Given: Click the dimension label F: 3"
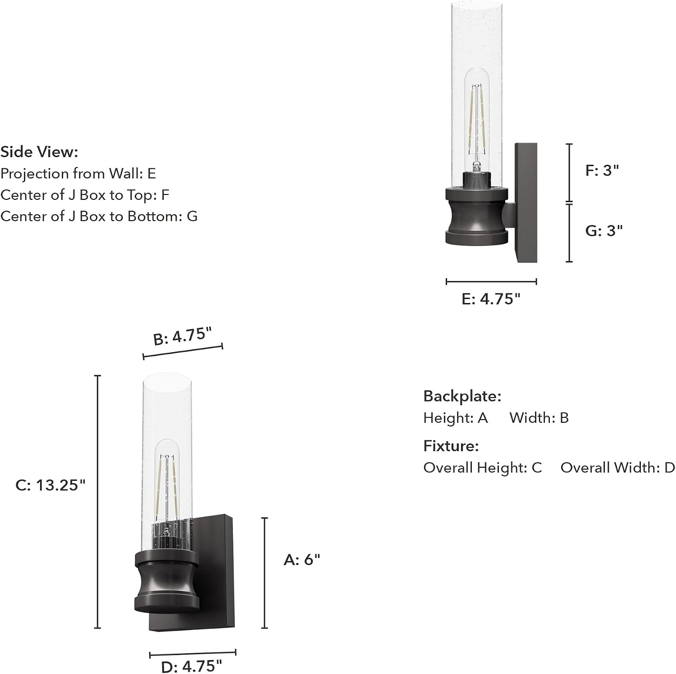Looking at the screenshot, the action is [602, 171].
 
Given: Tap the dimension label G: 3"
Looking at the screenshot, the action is [604, 231].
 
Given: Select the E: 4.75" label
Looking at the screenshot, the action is [491, 299].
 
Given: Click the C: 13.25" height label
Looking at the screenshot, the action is [50, 485].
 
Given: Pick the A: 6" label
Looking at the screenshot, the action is [302, 560].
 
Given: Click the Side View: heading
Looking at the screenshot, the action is [39, 152].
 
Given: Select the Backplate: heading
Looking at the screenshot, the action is [462, 396].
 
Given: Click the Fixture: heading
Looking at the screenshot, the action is [451, 446].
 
